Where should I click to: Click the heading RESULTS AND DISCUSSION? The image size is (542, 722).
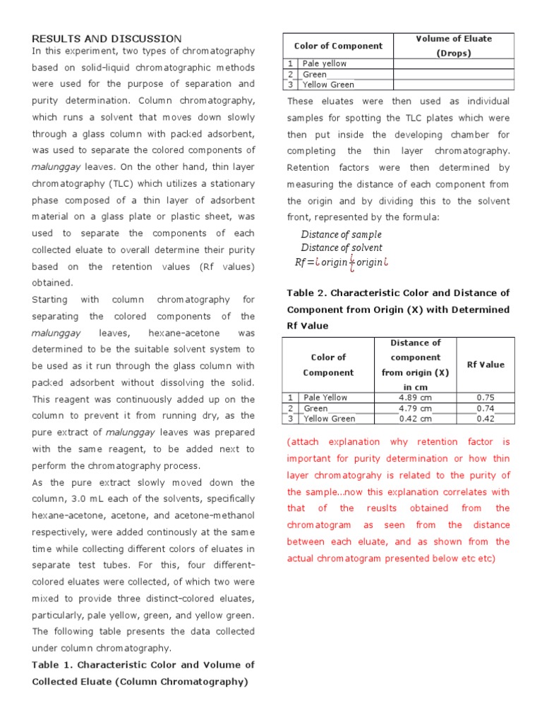click(x=107, y=38)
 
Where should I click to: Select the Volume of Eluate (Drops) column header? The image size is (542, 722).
click(x=454, y=46)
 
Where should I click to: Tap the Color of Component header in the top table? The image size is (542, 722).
click(x=338, y=46)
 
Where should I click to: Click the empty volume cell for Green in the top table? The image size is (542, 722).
click(x=454, y=74)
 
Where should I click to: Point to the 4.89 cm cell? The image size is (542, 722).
click(x=415, y=398)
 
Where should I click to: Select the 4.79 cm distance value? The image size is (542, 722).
click(x=415, y=408)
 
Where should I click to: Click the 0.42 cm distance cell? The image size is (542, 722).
click(x=415, y=419)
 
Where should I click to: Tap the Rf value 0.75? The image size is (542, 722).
click(x=486, y=398)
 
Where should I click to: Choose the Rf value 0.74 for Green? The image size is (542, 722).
click(x=486, y=408)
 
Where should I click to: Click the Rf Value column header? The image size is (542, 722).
click(x=486, y=365)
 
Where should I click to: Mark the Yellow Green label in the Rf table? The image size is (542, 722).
click(x=330, y=419)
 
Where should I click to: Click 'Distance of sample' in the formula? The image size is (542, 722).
click(x=341, y=234)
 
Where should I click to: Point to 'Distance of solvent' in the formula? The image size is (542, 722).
click(x=342, y=247)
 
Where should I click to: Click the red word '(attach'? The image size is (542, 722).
click(x=303, y=442)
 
